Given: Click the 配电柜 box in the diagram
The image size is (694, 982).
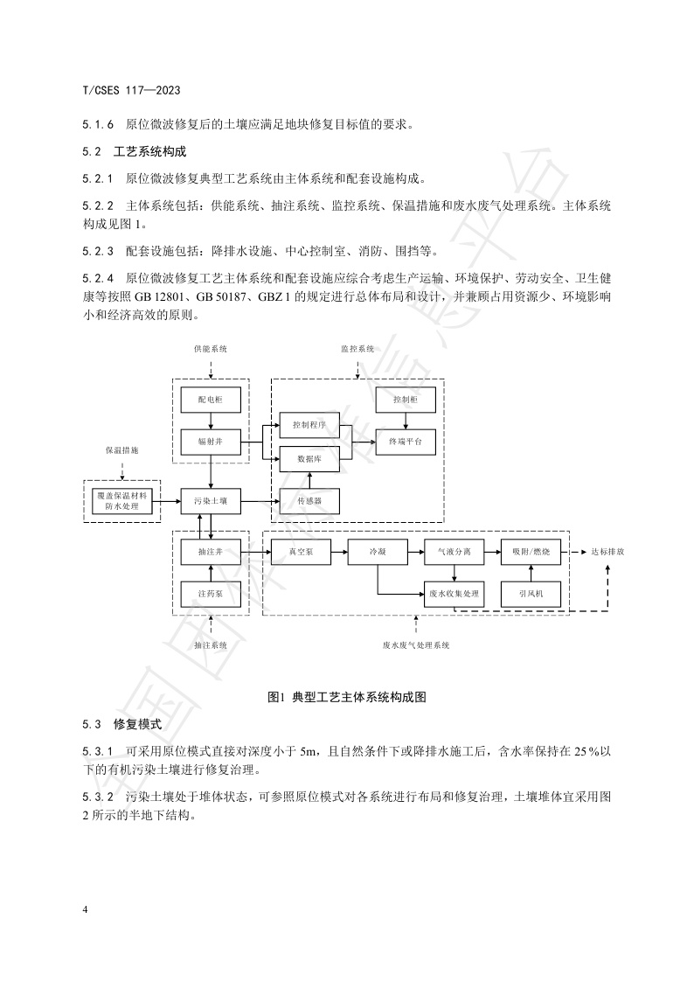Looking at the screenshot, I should click(x=211, y=400).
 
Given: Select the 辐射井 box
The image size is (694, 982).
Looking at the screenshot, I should click(x=211, y=442).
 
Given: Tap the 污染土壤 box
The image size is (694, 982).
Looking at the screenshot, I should click(x=211, y=501).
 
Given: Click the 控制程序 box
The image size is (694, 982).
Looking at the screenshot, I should click(x=309, y=425).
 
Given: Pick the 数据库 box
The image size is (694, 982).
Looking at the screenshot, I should click(x=309, y=458).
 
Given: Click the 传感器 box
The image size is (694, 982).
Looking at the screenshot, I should click(x=309, y=501).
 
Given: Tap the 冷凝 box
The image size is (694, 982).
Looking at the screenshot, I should click(x=378, y=553).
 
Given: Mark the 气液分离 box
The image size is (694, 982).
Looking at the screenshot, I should click(x=455, y=553).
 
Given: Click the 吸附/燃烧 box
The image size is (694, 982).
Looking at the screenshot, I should click(x=531, y=553).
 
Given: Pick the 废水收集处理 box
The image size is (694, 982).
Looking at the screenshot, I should click(x=455, y=594).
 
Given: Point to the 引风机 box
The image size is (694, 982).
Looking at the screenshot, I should click(x=531, y=594).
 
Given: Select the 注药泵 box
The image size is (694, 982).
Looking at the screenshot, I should click(x=211, y=594).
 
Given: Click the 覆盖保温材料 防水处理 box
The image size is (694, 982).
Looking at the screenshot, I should click(x=122, y=501).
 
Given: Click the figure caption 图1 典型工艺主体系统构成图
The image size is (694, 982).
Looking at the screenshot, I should click(x=346, y=697).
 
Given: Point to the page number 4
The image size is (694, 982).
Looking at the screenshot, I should click(x=85, y=910).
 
